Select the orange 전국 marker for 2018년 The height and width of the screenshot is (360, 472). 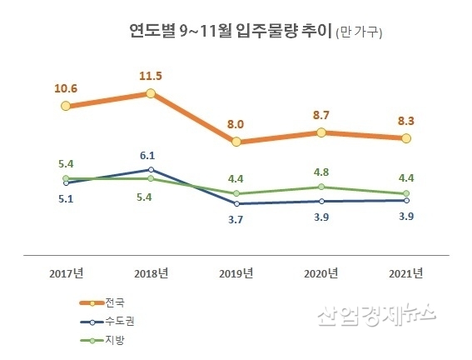[151, 93]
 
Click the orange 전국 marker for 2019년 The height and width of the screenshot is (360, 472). [236, 142]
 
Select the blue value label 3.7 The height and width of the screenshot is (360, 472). [236, 219]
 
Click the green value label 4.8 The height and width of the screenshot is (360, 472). [320, 172]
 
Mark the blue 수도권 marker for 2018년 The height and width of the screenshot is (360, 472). [151, 169]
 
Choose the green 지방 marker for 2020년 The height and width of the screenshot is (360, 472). [320, 187]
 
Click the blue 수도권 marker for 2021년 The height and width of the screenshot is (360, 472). [405, 200]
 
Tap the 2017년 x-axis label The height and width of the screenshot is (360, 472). [66, 272]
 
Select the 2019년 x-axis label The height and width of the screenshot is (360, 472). [236, 272]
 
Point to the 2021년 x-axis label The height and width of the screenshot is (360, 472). [405, 272]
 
